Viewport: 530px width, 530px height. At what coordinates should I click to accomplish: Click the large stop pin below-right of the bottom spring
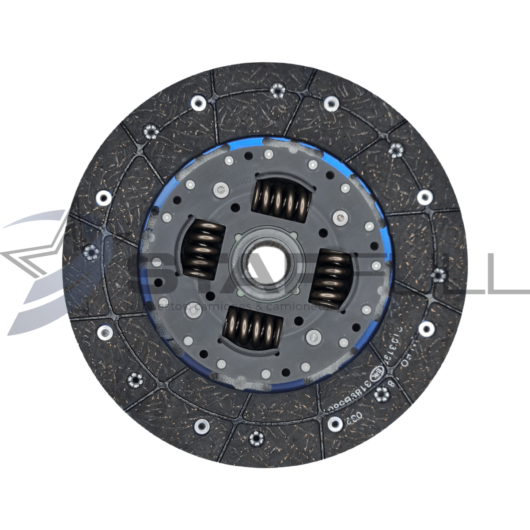(313, 337)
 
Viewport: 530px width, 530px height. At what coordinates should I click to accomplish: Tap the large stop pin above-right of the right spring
(339, 217)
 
